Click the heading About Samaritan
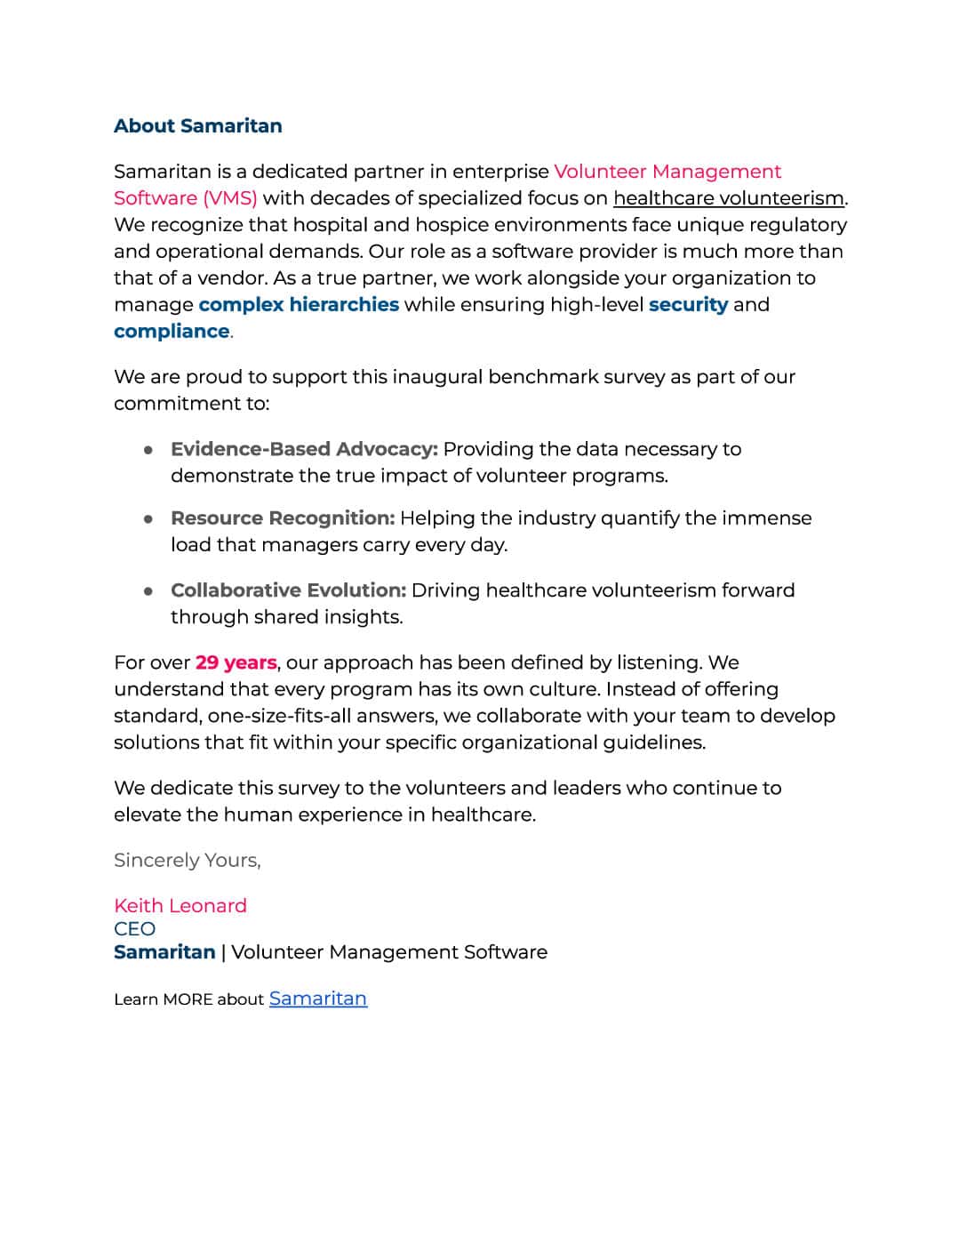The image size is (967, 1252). click(x=197, y=126)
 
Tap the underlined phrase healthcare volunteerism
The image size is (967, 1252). click(x=729, y=197)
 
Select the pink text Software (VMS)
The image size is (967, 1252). click(x=185, y=197)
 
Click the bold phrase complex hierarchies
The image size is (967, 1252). click(x=299, y=304)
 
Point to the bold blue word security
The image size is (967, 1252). click(x=688, y=304)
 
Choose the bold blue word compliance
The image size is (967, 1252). click(x=172, y=331)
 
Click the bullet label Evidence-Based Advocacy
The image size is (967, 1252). click(x=304, y=449)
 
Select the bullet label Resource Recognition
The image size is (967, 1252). click(x=283, y=518)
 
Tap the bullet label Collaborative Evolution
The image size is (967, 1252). click(x=288, y=590)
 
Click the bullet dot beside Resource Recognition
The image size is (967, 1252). click(x=149, y=518)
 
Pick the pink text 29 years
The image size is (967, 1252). click(x=236, y=662)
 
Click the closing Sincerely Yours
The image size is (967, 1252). click(x=187, y=860)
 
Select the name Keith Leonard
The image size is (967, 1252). click(x=180, y=905)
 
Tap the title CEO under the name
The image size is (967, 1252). click(x=134, y=928)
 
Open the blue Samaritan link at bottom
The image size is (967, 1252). click(x=318, y=999)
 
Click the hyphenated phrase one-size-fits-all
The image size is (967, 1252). click(x=279, y=716)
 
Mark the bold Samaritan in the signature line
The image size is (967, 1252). click(x=164, y=951)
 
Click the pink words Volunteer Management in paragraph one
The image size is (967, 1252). click(x=667, y=171)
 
